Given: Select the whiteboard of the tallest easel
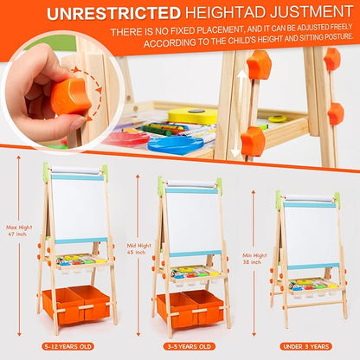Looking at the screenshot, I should click(78, 208).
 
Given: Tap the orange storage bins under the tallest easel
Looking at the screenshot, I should click(77, 302).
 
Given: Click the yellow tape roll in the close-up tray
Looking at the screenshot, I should click(192, 115).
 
